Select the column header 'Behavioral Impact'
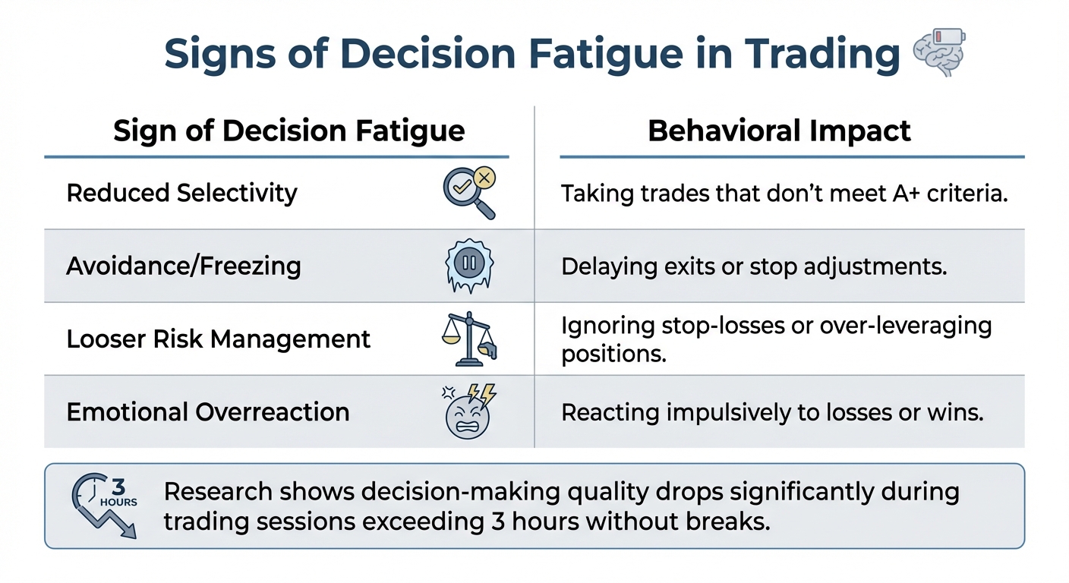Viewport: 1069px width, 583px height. click(779, 131)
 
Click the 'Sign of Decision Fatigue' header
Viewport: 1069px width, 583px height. click(289, 131)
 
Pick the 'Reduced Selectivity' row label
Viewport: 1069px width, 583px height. click(181, 193)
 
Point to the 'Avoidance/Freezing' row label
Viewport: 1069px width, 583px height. click(184, 266)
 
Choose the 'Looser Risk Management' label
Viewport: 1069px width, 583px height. click(219, 339)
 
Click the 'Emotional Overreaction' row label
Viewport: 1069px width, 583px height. click(208, 411)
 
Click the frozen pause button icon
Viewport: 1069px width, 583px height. click(468, 266)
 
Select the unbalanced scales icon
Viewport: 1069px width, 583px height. click(468, 339)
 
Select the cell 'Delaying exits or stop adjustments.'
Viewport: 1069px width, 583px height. click(754, 266)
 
